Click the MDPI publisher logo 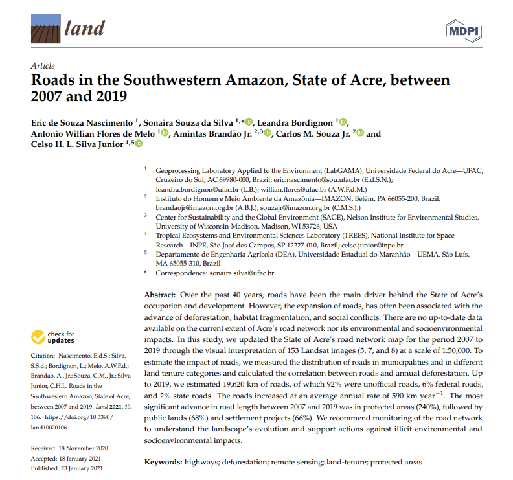pos(464,30)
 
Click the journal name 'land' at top pos(84,29)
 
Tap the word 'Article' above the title pos(43,66)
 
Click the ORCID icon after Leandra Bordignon pos(343,121)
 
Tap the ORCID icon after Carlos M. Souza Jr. pos(361,133)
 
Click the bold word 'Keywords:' pos(163,462)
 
